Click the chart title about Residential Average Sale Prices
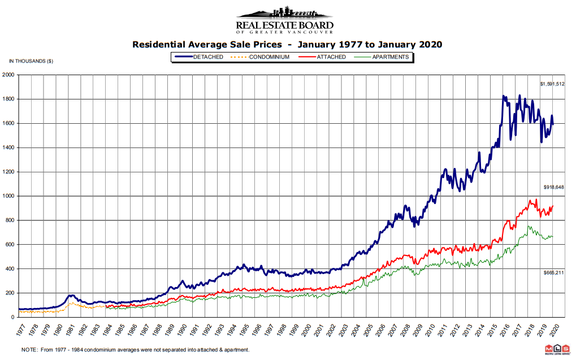click(287, 44)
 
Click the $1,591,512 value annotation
click(552, 84)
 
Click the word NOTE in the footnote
click(29, 350)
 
